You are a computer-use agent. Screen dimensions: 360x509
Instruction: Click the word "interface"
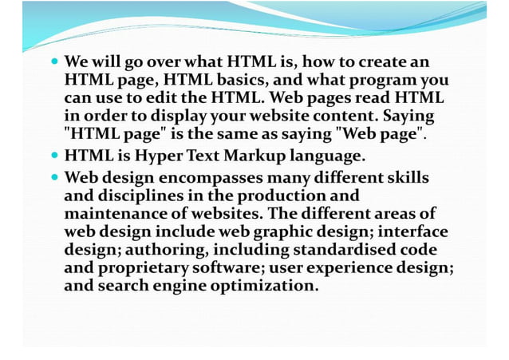tap(416, 231)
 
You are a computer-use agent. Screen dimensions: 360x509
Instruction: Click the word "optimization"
tap(265, 287)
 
